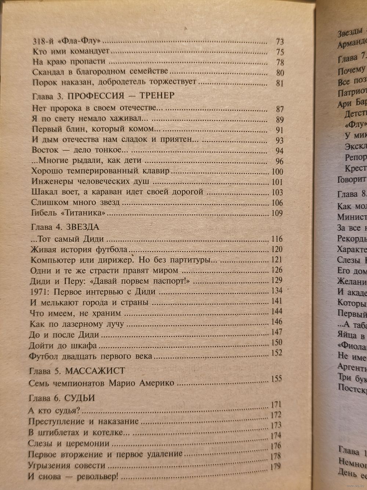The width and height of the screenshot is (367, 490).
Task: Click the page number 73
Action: point(279,42)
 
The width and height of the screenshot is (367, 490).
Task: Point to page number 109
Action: point(276,214)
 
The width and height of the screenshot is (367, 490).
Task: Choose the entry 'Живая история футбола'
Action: point(79,250)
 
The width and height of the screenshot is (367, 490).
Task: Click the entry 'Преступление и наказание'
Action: point(83,421)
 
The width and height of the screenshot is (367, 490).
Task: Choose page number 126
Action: point(276,270)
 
